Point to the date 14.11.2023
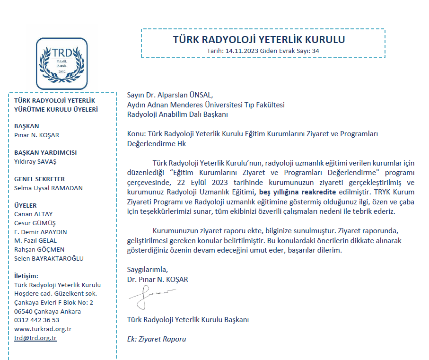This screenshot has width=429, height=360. pos(243,50)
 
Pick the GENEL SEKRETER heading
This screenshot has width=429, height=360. pos(40,179)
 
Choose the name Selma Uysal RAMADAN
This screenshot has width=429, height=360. pos(49,188)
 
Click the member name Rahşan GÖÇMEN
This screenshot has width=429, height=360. pos(39,250)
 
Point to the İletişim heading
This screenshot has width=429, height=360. pos(26,276)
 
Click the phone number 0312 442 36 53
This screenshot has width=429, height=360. pos(37,320)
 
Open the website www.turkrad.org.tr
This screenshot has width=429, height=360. pos(43,329)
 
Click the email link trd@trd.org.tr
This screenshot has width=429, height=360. pos(35,338)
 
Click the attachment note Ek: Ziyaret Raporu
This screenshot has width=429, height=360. pos(157,339)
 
